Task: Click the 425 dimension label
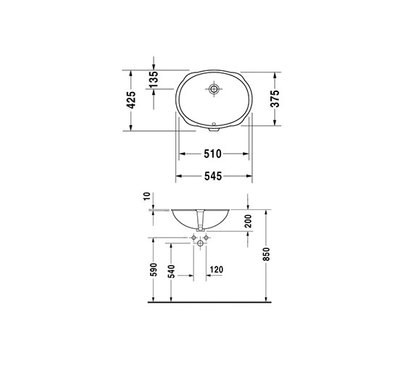(131, 100)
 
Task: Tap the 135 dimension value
(154, 79)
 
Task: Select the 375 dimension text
(275, 98)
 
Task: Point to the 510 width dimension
(213, 154)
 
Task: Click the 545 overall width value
(213, 176)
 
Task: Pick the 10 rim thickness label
(147, 196)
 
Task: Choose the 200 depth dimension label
(248, 221)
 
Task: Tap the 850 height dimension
(267, 254)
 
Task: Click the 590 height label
(154, 269)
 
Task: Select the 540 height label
(171, 272)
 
